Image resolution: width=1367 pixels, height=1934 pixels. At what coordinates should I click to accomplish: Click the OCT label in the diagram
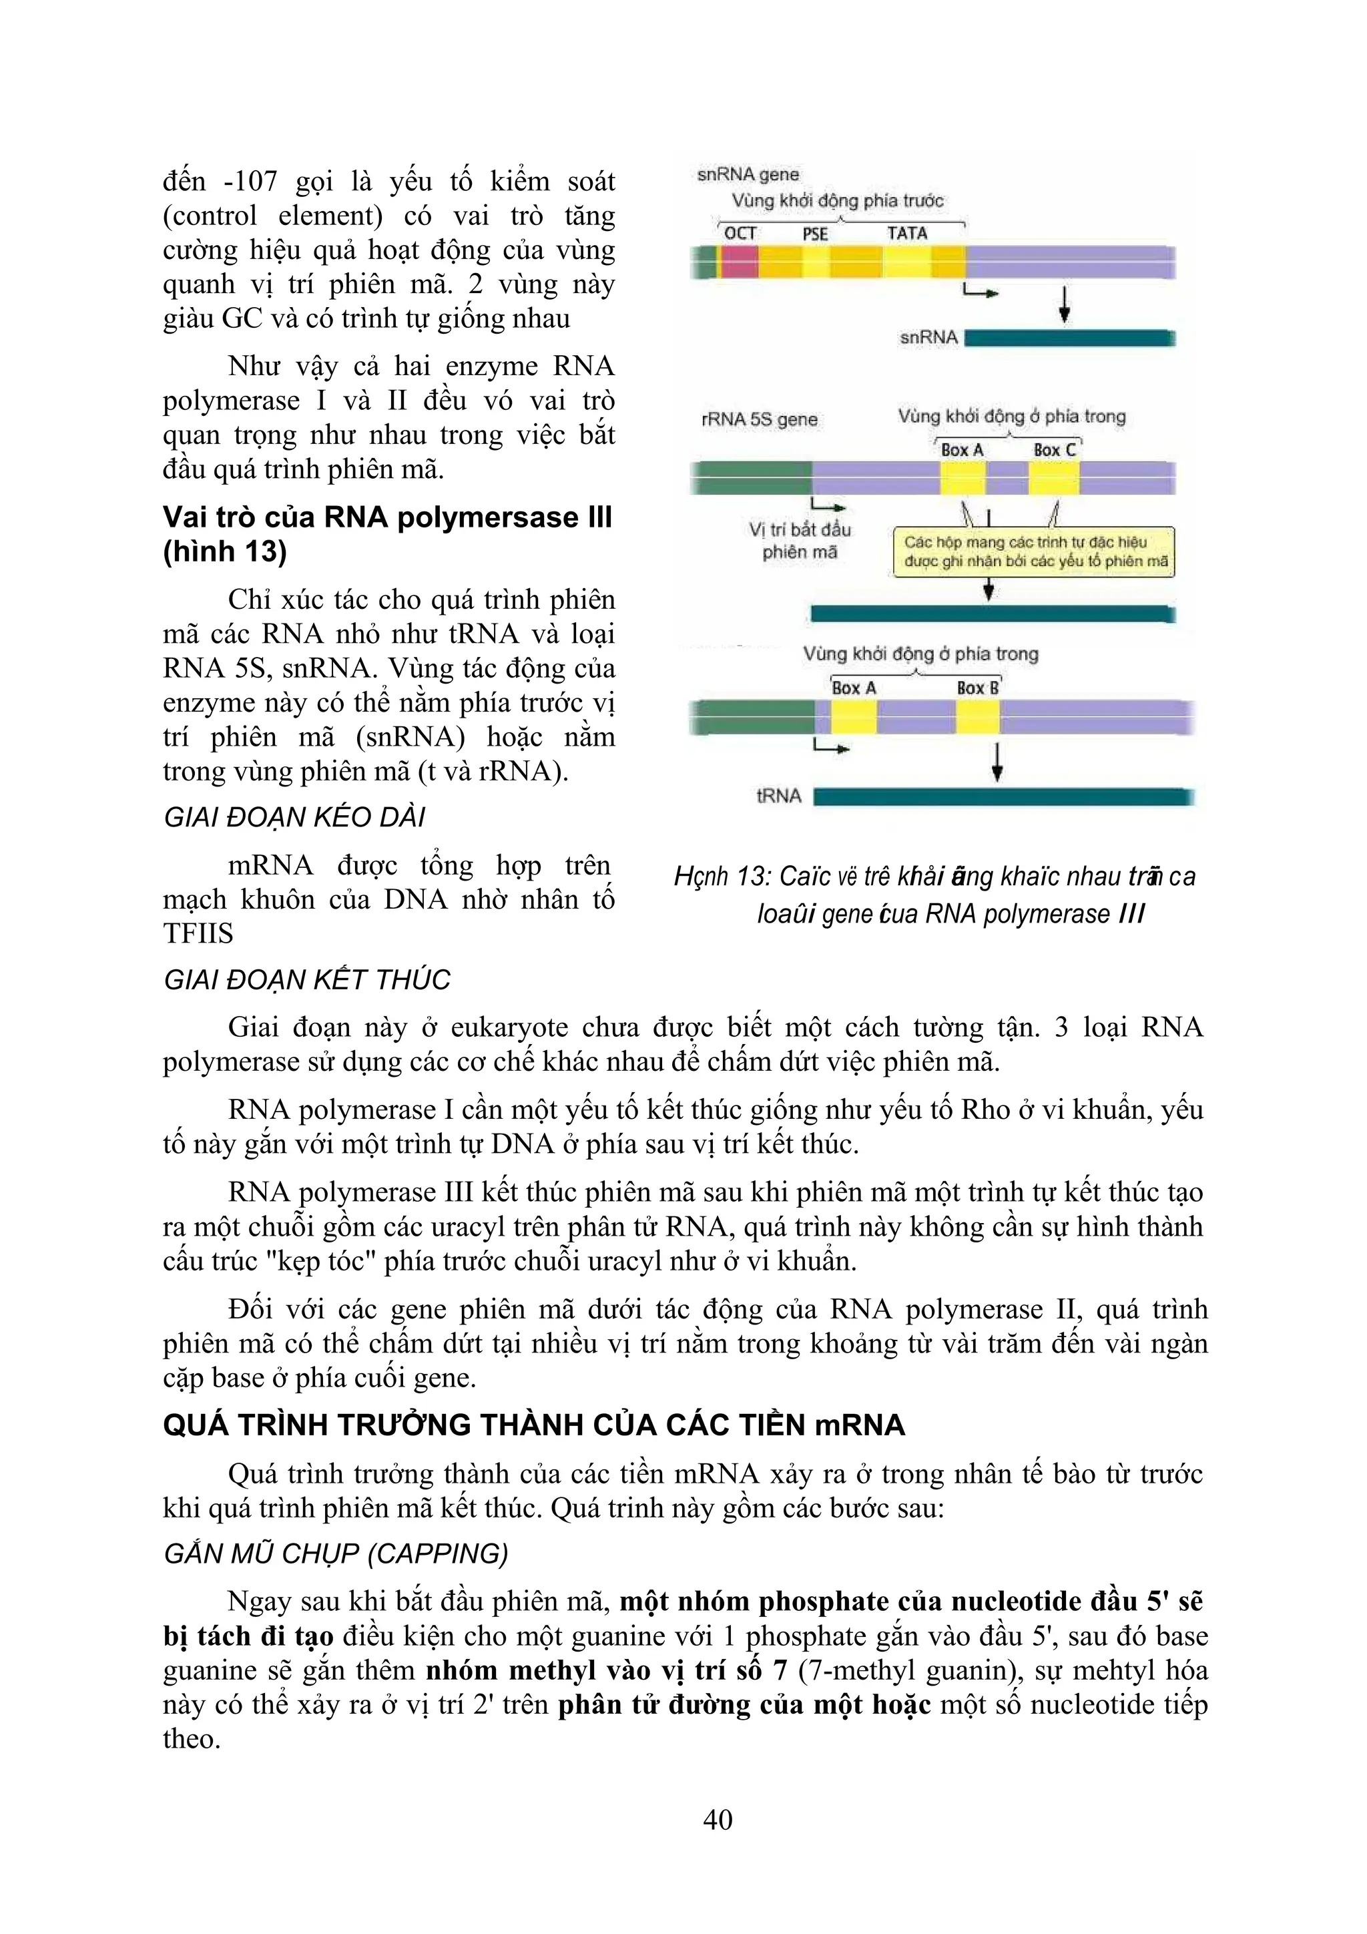click(740, 234)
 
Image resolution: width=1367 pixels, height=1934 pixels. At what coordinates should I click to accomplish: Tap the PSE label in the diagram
click(814, 234)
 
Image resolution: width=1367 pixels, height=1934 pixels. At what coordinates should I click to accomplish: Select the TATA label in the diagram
click(906, 234)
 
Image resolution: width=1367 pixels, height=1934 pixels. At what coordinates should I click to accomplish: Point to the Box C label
click(1055, 450)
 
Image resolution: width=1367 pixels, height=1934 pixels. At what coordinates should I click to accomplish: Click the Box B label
click(977, 688)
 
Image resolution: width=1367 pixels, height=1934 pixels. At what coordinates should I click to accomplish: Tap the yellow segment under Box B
click(978, 718)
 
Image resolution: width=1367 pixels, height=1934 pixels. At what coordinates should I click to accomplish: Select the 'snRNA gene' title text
click(748, 174)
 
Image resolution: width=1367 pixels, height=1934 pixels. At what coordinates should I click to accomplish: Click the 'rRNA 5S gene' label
click(759, 419)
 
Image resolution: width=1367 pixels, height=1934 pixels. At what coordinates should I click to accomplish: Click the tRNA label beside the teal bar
click(779, 796)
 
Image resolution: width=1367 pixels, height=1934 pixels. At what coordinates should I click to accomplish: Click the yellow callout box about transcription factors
click(1035, 551)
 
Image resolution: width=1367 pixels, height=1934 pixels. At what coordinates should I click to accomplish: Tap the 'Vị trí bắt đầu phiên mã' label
click(800, 540)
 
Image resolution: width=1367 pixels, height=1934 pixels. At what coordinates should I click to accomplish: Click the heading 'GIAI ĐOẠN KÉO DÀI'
click(295, 817)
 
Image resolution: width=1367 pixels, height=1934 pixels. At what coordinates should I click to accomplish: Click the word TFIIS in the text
click(198, 933)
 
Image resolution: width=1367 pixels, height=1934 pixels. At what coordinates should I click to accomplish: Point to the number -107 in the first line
click(250, 181)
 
